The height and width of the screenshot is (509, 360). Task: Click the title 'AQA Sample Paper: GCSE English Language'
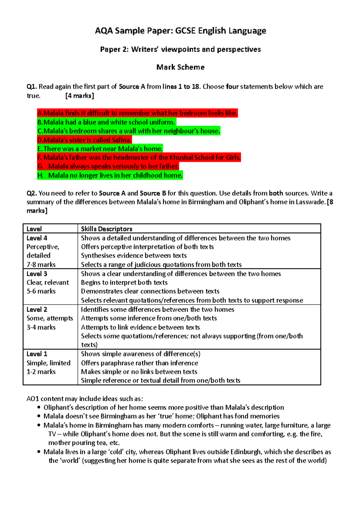(x=180, y=31)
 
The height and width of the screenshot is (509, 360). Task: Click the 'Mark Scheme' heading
(x=180, y=67)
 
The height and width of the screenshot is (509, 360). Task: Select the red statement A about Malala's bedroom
(x=137, y=113)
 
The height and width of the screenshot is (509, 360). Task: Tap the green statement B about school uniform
(x=106, y=122)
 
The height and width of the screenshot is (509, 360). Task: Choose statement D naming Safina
(x=84, y=140)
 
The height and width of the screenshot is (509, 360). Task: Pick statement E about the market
(x=100, y=149)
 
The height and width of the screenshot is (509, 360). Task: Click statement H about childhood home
(x=110, y=175)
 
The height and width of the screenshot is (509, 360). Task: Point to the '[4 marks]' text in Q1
(x=79, y=96)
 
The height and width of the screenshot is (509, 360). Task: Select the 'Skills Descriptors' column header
(x=106, y=229)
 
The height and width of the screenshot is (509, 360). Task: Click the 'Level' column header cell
(x=34, y=229)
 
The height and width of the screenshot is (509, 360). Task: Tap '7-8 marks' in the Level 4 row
(x=41, y=265)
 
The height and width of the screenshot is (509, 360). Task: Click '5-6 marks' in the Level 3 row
(x=41, y=291)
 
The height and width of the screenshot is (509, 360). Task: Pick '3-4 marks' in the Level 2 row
(x=41, y=327)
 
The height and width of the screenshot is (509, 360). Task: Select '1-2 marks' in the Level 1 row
(x=41, y=372)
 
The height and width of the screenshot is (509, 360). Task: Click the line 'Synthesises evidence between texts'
(x=134, y=256)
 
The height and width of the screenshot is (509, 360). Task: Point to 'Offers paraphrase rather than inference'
(x=139, y=363)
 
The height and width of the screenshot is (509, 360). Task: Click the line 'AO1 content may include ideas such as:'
(x=85, y=399)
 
